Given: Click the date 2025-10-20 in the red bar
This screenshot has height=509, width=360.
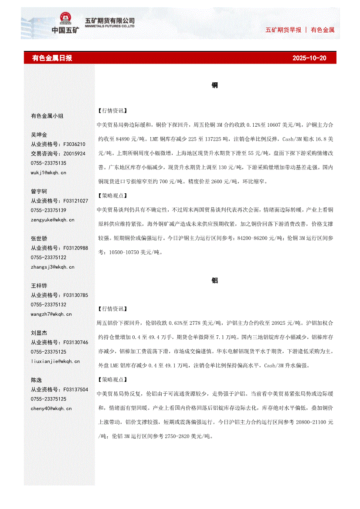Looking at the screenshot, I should point(309,58).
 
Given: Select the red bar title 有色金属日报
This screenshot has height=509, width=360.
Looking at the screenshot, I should point(52,58).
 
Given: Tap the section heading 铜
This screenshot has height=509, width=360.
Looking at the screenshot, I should point(214,85).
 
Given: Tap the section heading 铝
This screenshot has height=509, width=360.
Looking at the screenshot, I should point(214,280).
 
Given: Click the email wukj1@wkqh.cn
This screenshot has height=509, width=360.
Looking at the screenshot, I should point(48,172).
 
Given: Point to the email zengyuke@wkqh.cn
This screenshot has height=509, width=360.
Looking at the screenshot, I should point(52,219).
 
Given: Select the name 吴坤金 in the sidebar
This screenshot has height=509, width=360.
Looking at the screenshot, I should point(39,135).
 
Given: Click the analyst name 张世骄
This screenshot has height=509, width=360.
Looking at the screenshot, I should point(39,239).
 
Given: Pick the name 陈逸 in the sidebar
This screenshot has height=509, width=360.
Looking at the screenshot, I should point(37,380).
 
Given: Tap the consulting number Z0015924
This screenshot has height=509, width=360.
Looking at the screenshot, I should point(74,154).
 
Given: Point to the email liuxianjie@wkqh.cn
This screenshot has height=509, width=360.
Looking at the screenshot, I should point(55,361).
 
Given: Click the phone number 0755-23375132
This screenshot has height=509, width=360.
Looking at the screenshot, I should point(48,305).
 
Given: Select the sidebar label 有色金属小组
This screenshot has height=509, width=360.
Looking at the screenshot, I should point(47,116).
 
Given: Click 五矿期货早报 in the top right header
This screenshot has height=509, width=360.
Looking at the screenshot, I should point(283,30).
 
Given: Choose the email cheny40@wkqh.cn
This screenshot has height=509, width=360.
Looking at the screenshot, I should point(51,408).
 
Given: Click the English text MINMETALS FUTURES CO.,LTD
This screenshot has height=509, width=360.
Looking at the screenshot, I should point(109,26).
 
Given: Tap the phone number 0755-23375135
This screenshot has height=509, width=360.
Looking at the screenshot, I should point(48,163).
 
